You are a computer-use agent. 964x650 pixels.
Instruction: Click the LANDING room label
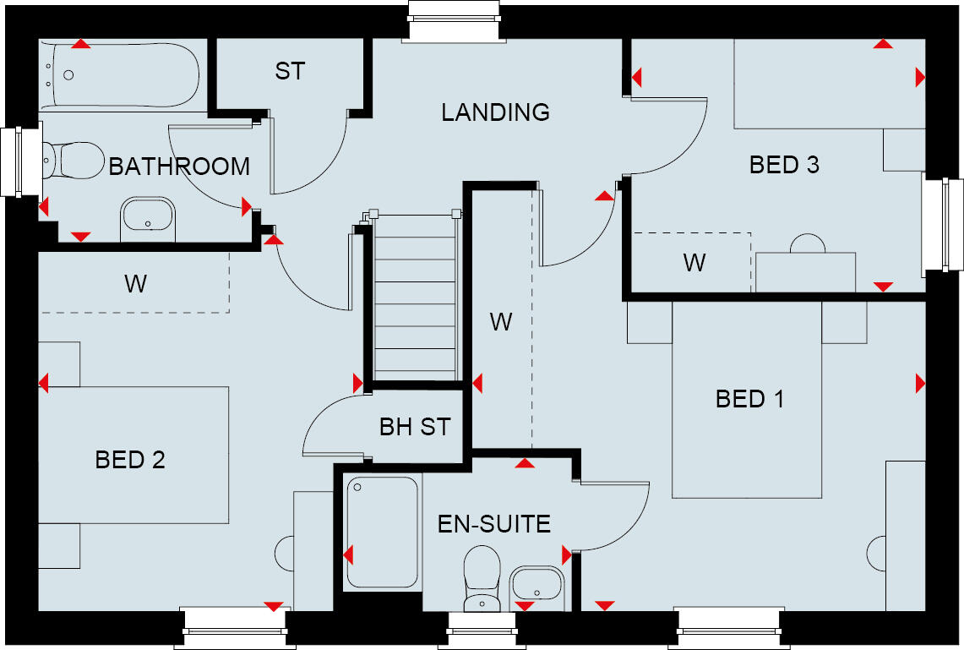click(x=495, y=112)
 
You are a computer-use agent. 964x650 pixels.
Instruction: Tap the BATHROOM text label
click(x=179, y=167)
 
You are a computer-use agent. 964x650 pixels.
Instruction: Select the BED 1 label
click(x=749, y=398)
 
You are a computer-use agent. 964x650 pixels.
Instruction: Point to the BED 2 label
click(x=130, y=460)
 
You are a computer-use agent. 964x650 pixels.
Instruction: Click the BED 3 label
click(x=784, y=165)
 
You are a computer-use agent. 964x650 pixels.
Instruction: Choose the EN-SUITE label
click(x=493, y=524)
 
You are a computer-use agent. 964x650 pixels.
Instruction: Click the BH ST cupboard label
click(x=415, y=427)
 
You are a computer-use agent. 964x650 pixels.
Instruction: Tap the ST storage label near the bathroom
click(x=289, y=72)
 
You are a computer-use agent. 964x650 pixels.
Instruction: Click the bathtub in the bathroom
click(x=123, y=75)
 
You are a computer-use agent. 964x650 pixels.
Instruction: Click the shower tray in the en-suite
click(x=383, y=533)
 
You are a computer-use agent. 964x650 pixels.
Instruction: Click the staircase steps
click(x=415, y=296)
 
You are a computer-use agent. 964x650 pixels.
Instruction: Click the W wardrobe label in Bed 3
click(x=694, y=263)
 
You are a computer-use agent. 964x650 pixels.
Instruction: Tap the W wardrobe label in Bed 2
click(x=135, y=284)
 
